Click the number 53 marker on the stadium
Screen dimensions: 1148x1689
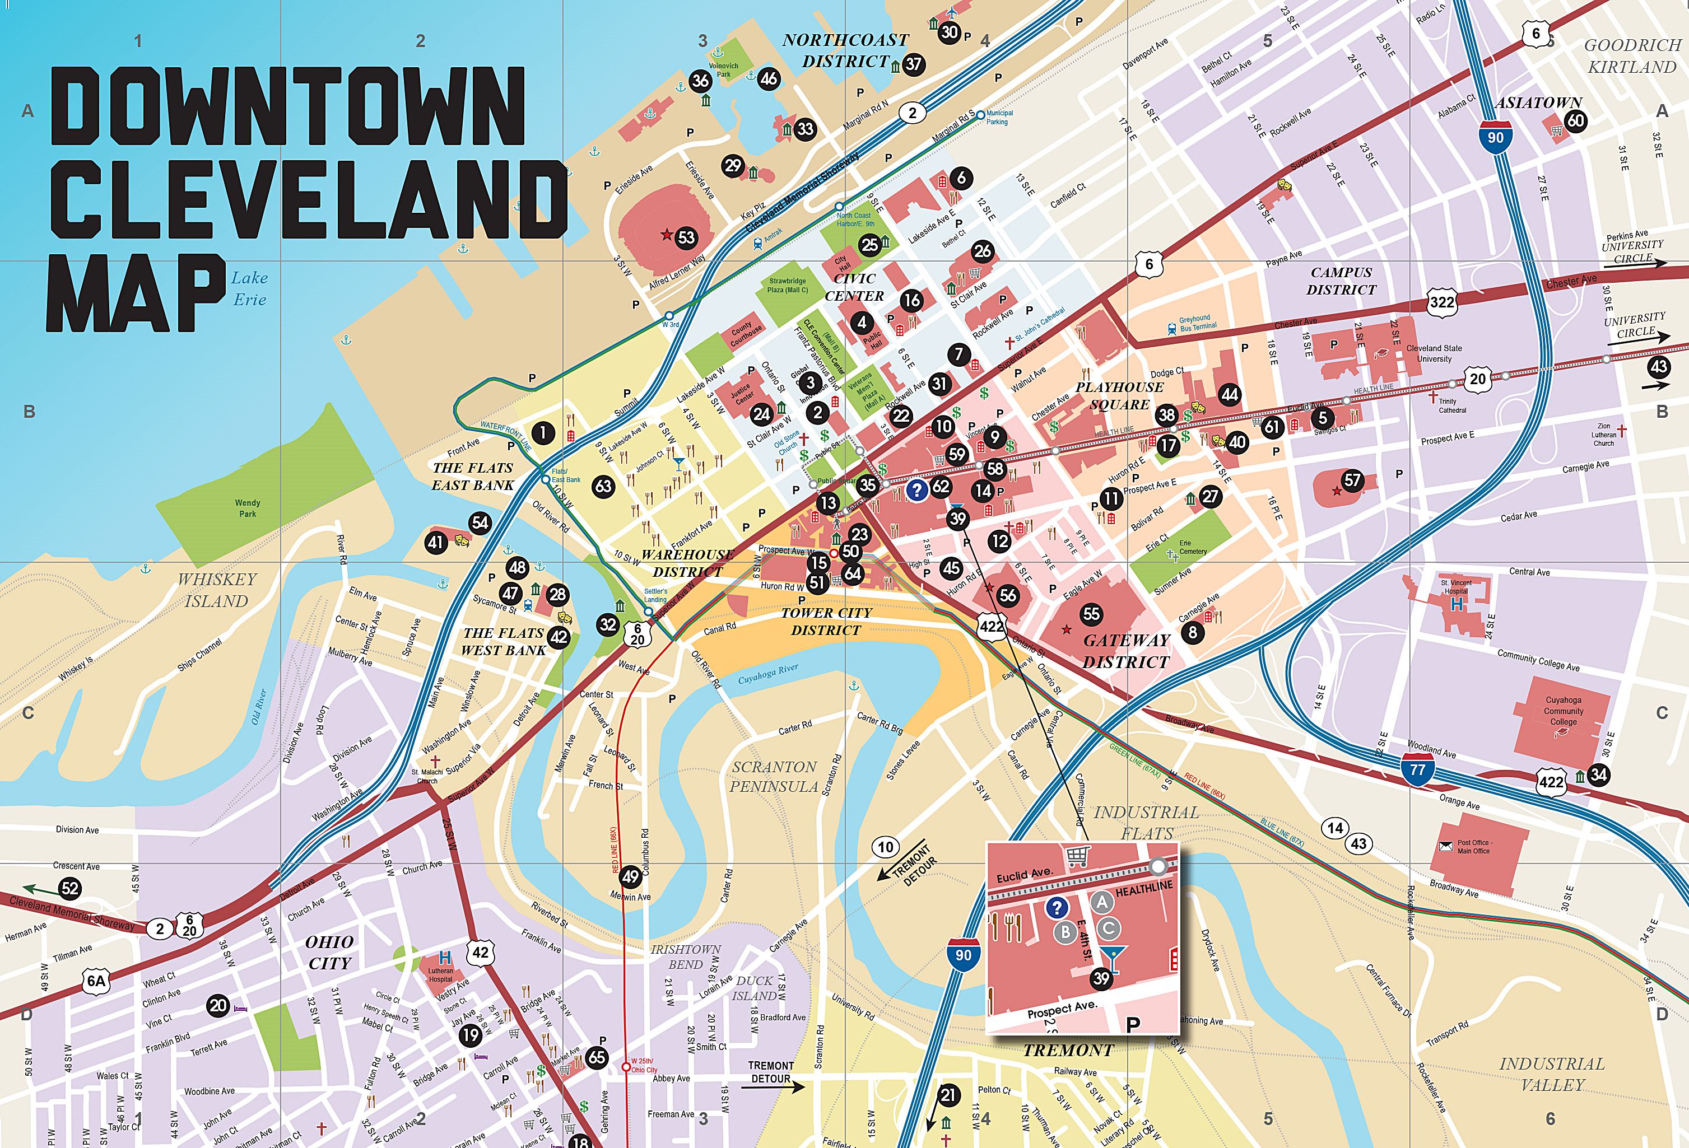[685, 237]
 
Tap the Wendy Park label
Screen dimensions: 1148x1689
[247, 508]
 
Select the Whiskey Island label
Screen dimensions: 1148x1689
[217, 590]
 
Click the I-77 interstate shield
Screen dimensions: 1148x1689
[1417, 769]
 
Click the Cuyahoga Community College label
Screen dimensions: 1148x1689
[1564, 711]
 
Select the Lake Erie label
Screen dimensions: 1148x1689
[249, 288]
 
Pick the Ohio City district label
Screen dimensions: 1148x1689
[329, 952]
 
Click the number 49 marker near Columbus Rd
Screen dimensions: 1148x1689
[630, 876]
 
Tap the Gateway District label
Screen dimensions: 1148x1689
[1126, 651]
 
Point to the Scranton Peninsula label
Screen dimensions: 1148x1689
[774, 776]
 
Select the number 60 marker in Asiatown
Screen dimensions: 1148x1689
[1576, 120]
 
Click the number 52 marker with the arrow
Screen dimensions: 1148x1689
[70, 888]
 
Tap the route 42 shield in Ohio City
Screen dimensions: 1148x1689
[481, 952]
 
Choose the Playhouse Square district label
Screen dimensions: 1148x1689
[1119, 396]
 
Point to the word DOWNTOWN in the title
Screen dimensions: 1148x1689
[287, 107]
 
